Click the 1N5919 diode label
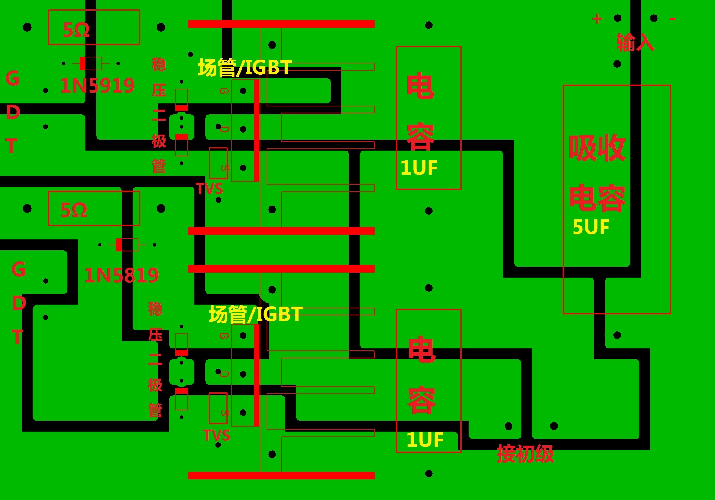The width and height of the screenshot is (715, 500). (x=97, y=86)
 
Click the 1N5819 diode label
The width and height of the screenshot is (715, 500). (x=121, y=275)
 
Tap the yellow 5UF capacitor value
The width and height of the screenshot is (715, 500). (x=591, y=227)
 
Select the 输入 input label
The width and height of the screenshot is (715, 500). (x=635, y=42)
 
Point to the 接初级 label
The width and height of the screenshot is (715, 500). (x=525, y=454)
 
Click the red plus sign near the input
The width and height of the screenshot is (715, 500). (x=597, y=19)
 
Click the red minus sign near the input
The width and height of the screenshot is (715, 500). (x=672, y=19)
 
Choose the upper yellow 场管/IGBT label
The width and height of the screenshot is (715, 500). (x=245, y=67)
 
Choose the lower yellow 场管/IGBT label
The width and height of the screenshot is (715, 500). (x=255, y=314)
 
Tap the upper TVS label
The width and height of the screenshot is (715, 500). (x=209, y=189)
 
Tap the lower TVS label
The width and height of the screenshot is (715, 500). (x=216, y=435)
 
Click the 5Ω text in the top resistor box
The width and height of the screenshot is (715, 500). (x=76, y=30)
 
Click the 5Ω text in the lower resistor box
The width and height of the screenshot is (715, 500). (x=74, y=210)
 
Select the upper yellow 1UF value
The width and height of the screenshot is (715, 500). (x=419, y=167)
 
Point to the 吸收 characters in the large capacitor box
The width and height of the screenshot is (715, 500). (x=597, y=148)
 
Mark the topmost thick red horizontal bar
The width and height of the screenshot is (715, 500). (x=281, y=24)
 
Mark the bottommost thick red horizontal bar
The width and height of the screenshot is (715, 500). (x=281, y=476)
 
